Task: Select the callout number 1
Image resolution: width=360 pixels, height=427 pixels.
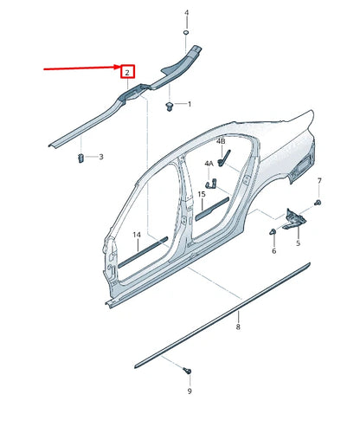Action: (190, 104)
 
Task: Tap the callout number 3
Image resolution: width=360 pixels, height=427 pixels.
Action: (101, 157)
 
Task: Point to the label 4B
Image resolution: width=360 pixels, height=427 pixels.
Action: (221, 140)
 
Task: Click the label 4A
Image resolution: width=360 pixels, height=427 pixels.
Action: (209, 163)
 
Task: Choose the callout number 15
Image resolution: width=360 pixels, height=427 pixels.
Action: (201, 195)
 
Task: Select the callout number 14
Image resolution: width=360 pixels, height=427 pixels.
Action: (136, 235)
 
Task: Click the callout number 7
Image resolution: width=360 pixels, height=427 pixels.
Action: (318, 180)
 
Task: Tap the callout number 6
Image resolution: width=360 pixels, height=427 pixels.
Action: (273, 250)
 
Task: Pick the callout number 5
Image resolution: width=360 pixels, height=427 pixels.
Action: (298, 244)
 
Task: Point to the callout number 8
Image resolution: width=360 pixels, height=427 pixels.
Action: (238, 327)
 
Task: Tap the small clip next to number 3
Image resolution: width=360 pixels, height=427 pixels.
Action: (80, 157)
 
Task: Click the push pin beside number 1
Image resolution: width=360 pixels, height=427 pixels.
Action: (168, 106)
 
